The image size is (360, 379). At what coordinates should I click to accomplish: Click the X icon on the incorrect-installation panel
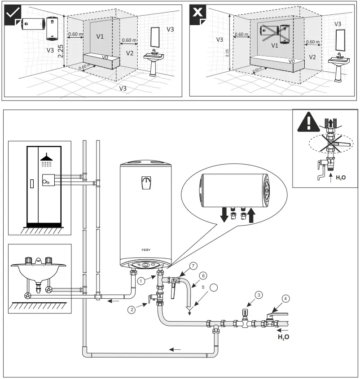[x=198, y=13]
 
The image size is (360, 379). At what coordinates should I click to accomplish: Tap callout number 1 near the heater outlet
[x=141, y=281]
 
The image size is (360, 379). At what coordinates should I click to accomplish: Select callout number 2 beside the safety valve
[x=131, y=309]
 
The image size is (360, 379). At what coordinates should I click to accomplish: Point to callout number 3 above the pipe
[x=259, y=295]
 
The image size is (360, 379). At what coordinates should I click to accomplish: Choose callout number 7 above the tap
[x=193, y=266]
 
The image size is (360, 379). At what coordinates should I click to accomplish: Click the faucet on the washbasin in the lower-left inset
[x=39, y=261]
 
